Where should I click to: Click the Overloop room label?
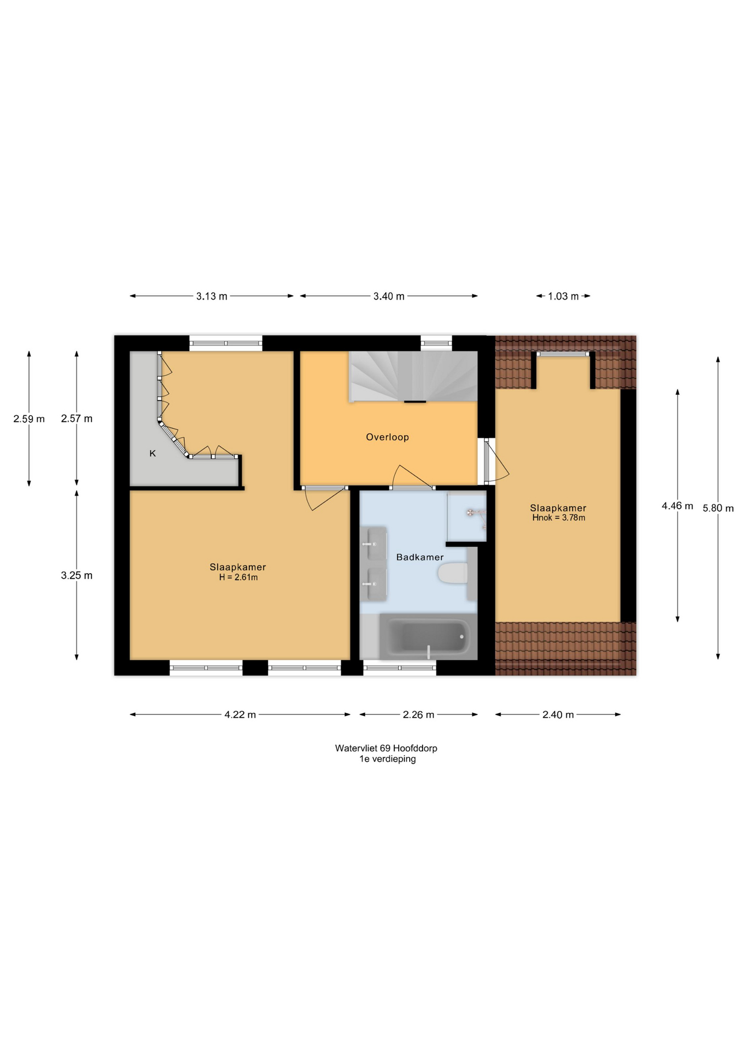point(387,437)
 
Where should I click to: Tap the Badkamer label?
point(420,557)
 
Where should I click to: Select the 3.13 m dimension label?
point(212,296)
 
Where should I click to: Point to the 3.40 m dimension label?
point(389,296)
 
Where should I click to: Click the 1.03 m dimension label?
point(563,296)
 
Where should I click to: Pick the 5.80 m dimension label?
point(718,508)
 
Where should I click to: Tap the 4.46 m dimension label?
point(677,505)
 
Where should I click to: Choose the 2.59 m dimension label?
point(29,419)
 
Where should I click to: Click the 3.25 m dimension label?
point(76,575)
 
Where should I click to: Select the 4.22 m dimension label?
point(240,714)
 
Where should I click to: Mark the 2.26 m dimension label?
point(419,714)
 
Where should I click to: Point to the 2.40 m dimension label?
point(558,714)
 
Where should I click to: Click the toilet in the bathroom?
point(453,574)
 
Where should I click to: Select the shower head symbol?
point(470,513)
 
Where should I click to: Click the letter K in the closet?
point(152,454)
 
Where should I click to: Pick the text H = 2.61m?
point(238,577)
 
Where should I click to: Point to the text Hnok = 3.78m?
point(558,518)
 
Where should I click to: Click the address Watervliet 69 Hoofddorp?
point(386,748)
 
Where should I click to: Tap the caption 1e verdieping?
point(387,759)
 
